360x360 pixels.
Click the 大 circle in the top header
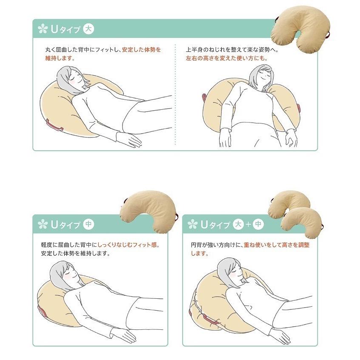89,29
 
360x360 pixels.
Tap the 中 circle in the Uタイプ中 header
89,224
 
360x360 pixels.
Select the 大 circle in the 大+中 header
239,224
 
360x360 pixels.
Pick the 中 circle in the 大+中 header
258,224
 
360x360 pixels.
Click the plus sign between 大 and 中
249,224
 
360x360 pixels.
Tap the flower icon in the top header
43,29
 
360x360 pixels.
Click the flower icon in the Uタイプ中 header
43,224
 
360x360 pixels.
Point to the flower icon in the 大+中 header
192,224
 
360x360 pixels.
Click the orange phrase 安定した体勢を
141,50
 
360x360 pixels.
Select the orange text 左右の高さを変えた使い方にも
227,58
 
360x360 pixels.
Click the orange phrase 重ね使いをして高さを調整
277,245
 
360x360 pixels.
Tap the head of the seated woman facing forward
262,77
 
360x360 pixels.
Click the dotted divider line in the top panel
175,94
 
